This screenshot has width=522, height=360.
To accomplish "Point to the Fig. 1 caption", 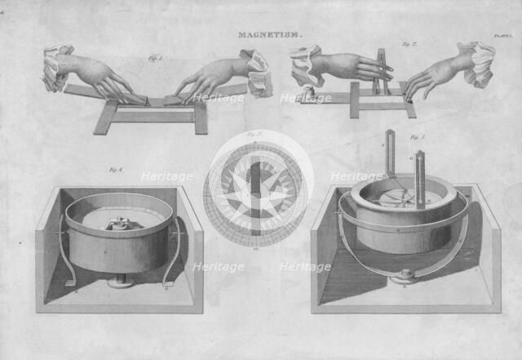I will [x=154, y=59].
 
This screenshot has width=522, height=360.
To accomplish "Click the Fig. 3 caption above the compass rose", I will [x=254, y=134].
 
